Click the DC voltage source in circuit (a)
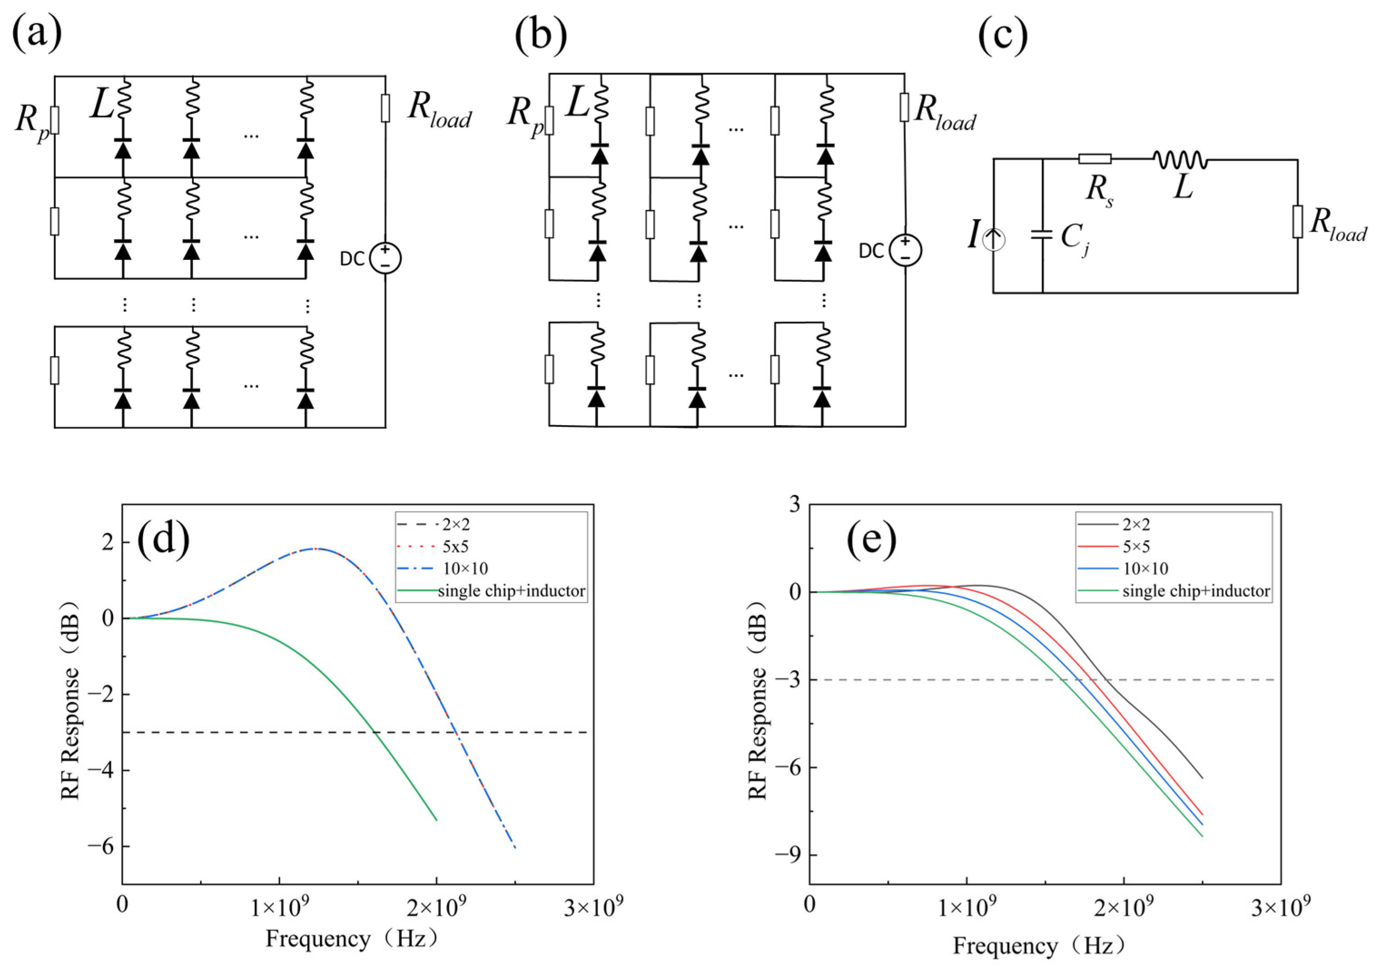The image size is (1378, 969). click(x=385, y=259)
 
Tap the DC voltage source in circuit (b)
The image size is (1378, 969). click(x=905, y=250)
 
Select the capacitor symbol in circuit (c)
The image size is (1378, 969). click(x=1042, y=235)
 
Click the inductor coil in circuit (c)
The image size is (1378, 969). click(x=1180, y=160)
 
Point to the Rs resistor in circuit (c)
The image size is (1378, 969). click(x=1094, y=159)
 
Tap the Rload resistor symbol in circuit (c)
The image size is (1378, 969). click(x=1298, y=221)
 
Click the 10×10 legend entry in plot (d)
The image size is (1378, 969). click(x=465, y=568)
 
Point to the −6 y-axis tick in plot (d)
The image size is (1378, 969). click(x=100, y=846)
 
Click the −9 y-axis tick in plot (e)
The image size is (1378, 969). click(x=788, y=854)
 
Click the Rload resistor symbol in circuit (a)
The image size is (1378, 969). click(x=385, y=108)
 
